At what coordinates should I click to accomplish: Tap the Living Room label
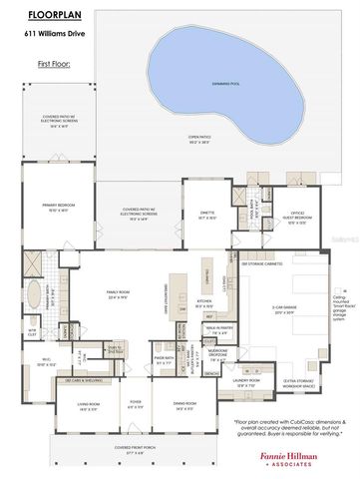(x=89, y=405)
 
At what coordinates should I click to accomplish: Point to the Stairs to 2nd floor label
(x=117, y=349)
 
